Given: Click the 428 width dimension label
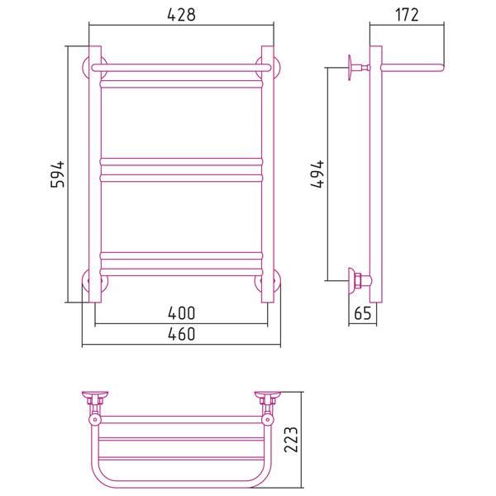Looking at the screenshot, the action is (181, 15).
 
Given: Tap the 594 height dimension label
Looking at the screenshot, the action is (58, 174).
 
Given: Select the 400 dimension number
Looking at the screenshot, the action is (181, 312).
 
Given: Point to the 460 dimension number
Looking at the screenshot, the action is (181, 334).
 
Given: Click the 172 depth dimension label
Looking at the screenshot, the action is (407, 15).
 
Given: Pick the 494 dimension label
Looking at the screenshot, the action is (317, 174).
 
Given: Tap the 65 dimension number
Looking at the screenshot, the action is (363, 313).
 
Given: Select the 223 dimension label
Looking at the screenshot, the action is (291, 440).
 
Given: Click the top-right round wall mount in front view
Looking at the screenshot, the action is (277, 68).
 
